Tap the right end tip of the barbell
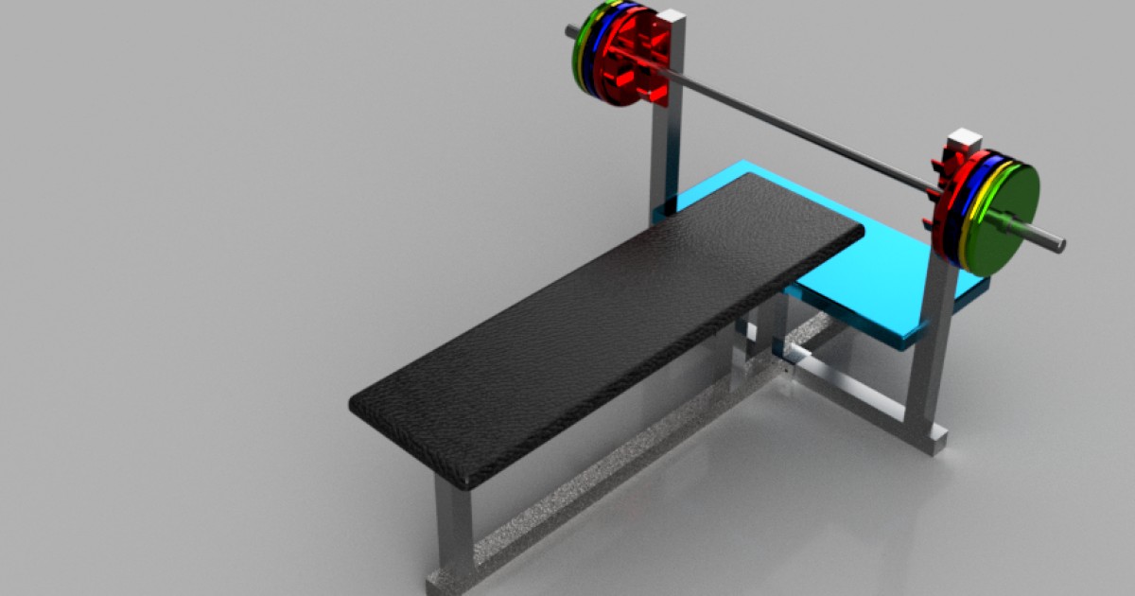tap(1061, 246)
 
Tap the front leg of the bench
tap(453, 530)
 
